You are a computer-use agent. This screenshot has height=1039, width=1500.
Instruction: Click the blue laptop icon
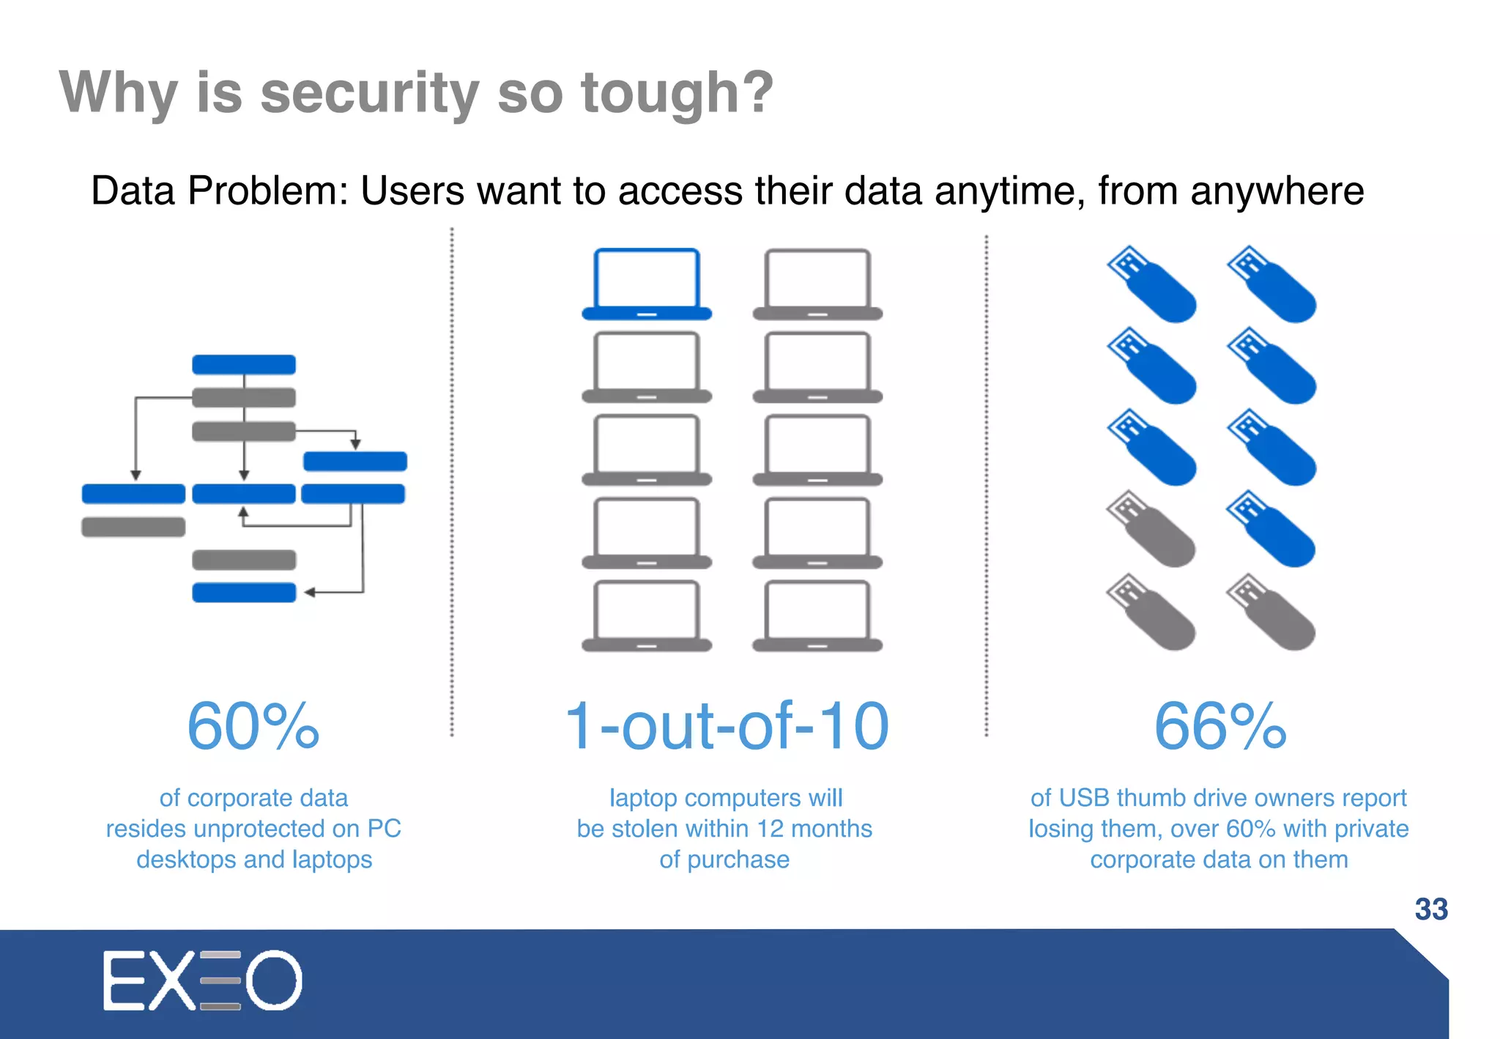point(647,284)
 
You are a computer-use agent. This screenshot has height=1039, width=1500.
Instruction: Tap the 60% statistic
point(253,726)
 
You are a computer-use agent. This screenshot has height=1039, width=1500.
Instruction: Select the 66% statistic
point(1219,726)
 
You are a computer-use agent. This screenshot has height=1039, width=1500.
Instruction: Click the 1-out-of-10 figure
point(727,726)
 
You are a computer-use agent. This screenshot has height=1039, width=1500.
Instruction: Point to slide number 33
point(1431,909)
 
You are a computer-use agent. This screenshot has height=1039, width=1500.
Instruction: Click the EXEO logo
point(202,980)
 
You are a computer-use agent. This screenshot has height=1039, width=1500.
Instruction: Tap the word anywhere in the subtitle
point(1277,191)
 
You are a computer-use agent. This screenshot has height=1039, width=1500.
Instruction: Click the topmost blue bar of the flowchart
point(244,364)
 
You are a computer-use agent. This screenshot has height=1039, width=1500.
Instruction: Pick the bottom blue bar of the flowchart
point(244,592)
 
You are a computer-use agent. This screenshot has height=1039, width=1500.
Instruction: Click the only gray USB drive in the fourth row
point(1151,528)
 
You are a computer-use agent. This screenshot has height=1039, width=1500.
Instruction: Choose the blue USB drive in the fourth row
point(1271,528)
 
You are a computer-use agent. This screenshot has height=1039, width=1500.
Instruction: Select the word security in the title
point(370,93)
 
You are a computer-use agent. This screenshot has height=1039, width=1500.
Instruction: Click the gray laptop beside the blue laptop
point(817,284)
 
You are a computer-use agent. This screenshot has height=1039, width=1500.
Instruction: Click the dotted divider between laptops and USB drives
point(987,484)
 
